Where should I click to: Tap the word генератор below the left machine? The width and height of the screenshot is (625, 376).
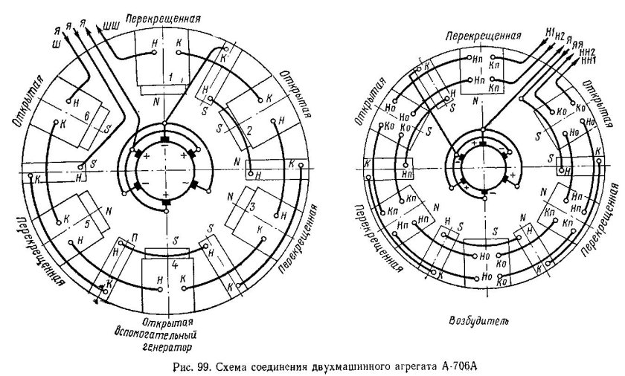tap(168, 346)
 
